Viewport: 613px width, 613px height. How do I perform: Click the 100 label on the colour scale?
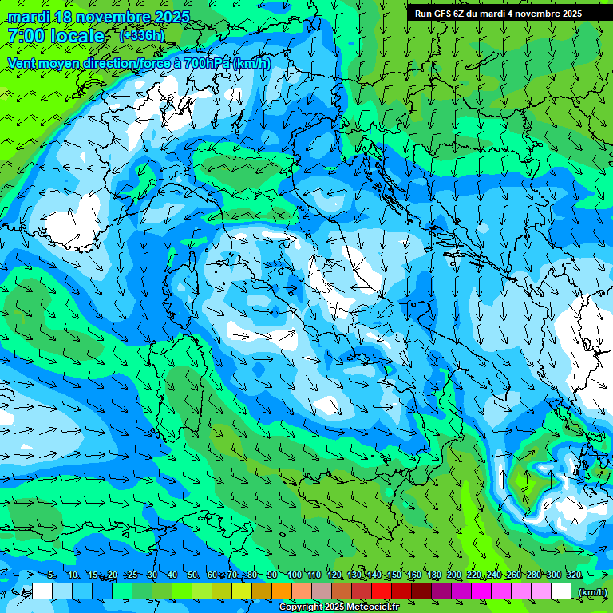tap(294, 575)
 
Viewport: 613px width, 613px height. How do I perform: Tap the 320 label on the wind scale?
tap(573, 575)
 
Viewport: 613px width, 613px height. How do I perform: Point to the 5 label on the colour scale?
tap(51, 575)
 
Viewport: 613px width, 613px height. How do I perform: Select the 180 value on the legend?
tap(433, 575)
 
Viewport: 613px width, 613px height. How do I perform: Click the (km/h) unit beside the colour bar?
tap(591, 591)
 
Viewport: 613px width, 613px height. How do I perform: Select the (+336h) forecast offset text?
tap(141, 35)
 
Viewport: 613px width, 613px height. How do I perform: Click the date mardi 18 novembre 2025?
tap(99, 17)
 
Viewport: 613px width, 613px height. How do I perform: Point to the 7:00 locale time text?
tap(56, 36)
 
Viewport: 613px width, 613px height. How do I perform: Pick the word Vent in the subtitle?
tap(24, 63)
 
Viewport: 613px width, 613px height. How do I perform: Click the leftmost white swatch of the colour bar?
tap(42, 591)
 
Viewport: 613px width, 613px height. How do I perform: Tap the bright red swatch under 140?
tap(382, 591)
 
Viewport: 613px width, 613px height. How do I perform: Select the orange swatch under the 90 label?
tap(282, 591)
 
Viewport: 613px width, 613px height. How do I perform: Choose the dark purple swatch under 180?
tap(441, 591)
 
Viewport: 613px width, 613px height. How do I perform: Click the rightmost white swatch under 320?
tap(561, 591)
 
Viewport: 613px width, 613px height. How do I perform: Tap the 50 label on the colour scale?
tap(192, 575)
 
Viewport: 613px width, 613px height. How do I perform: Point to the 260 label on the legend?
tap(513, 575)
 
